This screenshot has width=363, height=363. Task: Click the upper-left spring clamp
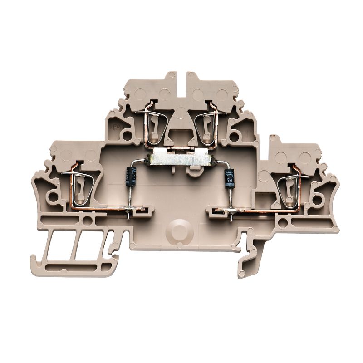click(153, 125)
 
